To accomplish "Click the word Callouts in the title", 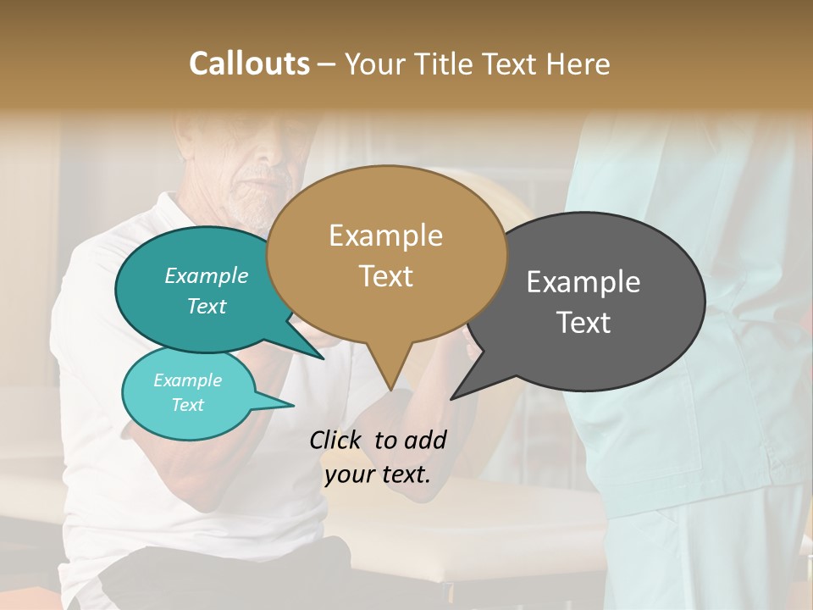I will pos(249,64).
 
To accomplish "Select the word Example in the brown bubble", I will pos(385,236).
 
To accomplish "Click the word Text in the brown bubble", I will pos(385,276).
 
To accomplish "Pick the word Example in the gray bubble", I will pos(583,282).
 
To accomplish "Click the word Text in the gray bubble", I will pos(583,323).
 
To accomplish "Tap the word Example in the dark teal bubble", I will pos(206,276).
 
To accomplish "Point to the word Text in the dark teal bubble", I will pos(206,307).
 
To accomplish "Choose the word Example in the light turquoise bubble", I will pos(187,380).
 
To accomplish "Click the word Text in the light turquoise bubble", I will pos(187,405).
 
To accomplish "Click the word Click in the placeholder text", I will pos(337,440).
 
